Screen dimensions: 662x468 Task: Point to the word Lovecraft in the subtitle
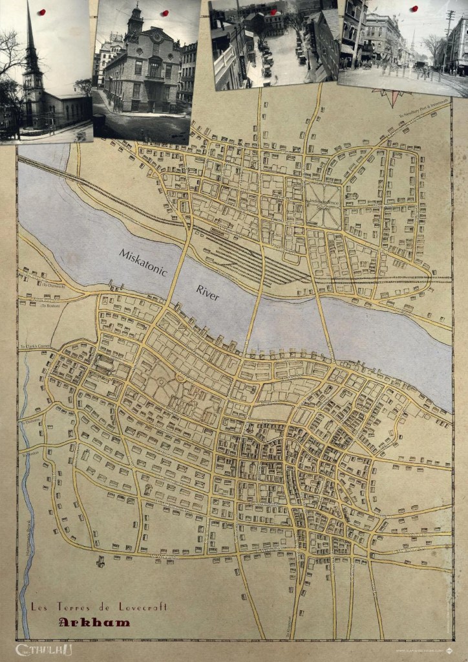click(x=142, y=606)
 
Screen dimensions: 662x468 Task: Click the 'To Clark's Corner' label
click(x=36, y=346)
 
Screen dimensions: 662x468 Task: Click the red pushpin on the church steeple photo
click(x=42, y=12)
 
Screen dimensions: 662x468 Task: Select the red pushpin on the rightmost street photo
click(x=414, y=8)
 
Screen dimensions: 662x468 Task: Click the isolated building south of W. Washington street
click(x=100, y=561)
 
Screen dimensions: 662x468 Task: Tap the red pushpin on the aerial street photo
click(x=273, y=12)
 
